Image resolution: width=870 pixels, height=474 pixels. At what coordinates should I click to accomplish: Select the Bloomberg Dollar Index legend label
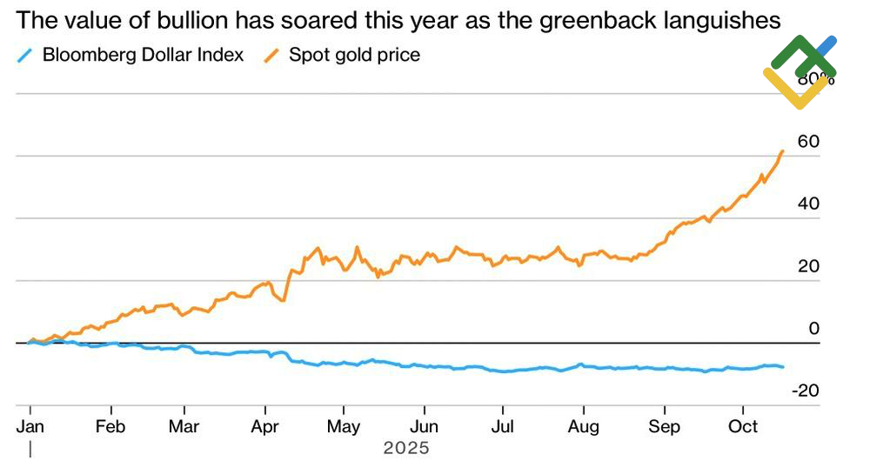(x=143, y=55)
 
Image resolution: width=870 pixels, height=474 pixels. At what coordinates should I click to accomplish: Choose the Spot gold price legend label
(x=354, y=55)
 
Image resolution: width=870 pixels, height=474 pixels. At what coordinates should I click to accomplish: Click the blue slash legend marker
(x=24, y=55)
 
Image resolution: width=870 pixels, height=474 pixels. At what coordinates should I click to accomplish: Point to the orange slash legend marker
(x=271, y=55)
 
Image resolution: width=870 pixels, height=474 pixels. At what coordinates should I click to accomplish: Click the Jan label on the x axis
(x=30, y=427)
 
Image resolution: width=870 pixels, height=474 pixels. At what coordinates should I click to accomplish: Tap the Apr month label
(x=264, y=427)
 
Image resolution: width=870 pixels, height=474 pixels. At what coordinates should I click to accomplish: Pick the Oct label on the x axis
(x=742, y=427)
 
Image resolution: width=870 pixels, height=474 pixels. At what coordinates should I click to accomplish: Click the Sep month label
(x=665, y=427)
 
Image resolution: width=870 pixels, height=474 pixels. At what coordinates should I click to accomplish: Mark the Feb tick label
(x=110, y=427)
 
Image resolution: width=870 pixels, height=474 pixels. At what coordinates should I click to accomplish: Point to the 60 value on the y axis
(x=808, y=142)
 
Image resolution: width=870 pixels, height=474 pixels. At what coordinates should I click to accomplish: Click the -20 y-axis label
(x=805, y=391)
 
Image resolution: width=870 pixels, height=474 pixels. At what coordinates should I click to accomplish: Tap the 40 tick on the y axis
(x=808, y=204)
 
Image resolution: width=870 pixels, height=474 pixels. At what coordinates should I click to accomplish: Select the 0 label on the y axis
(x=814, y=328)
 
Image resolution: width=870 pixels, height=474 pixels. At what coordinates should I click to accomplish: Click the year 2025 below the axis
(x=406, y=449)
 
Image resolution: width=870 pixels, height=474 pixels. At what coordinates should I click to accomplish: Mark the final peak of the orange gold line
(x=783, y=150)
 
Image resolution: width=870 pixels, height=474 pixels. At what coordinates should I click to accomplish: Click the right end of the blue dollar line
(x=783, y=367)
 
